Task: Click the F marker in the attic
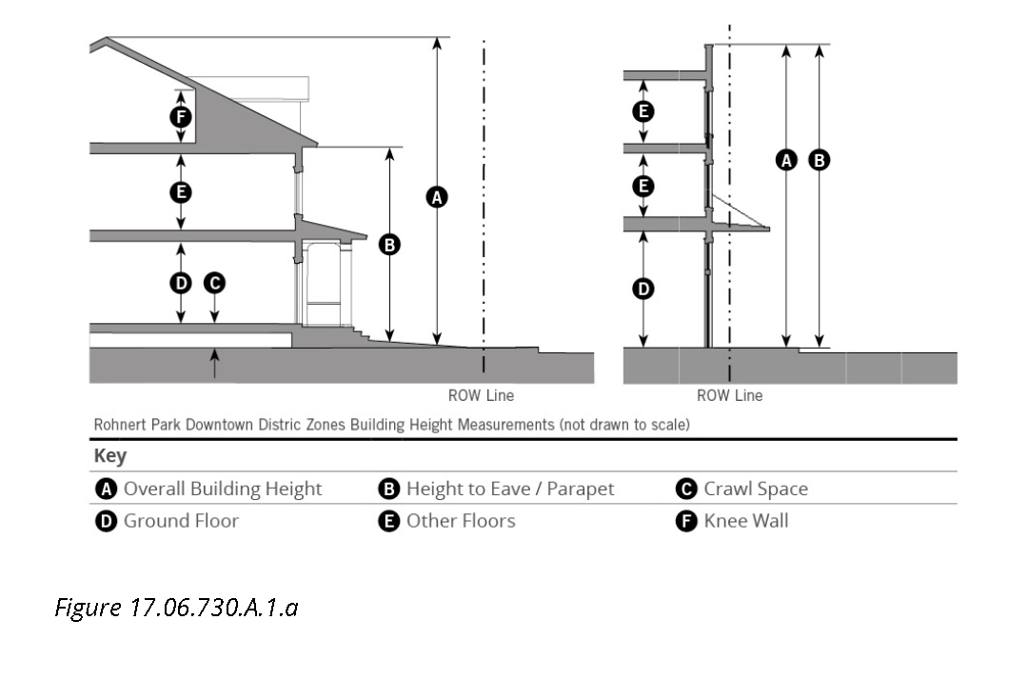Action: point(180,117)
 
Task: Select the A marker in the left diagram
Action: point(437,197)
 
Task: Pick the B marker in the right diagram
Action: point(819,160)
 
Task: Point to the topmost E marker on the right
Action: point(644,111)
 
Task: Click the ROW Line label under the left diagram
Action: point(481,395)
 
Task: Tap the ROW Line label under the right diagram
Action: point(729,395)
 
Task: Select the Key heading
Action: point(109,455)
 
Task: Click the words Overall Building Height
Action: point(223,489)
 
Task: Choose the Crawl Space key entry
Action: point(755,489)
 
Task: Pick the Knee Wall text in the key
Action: point(745,521)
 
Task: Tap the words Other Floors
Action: point(461,521)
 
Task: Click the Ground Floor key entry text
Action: point(181,521)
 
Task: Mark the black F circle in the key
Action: point(686,521)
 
